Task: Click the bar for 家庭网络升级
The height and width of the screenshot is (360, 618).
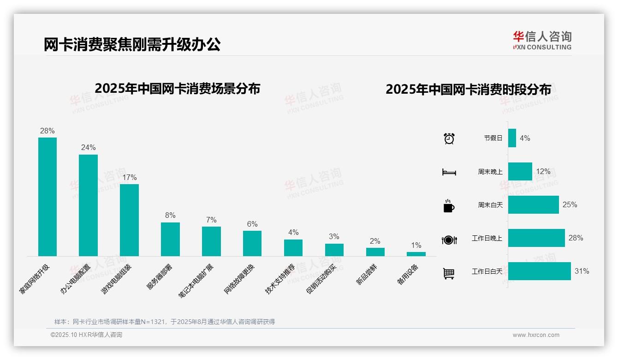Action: click(x=48, y=197)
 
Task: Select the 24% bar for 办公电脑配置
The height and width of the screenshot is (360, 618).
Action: click(x=88, y=205)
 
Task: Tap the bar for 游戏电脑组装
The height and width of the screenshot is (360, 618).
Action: click(x=129, y=220)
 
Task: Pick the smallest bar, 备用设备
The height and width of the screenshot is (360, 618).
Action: click(x=416, y=254)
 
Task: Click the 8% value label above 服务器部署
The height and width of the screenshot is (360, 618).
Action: click(x=170, y=216)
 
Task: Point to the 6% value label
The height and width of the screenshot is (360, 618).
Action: click(x=252, y=224)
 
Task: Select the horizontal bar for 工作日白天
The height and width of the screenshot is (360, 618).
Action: click(x=539, y=271)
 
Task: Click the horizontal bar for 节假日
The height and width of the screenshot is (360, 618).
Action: click(x=512, y=138)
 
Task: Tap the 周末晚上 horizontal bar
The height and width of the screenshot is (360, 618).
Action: click(x=520, y=171)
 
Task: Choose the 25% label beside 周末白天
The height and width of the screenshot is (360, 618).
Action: click(x=570, y=205)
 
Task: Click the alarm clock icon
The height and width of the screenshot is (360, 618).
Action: click(x=449, y=138)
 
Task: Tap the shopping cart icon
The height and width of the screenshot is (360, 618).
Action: click(x=449, y=273)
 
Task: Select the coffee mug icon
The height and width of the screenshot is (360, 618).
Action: click(x=449, y=206)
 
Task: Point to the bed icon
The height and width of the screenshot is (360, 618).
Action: click(x=449, y=172)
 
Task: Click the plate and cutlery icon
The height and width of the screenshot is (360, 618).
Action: click(x=449, y=240)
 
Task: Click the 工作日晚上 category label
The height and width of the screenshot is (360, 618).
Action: click(x=487, y=239)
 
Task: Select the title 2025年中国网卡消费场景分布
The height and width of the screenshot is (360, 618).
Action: click(x=178, y=89)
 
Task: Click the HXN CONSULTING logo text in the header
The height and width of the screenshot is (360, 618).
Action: click(x=542, y=47)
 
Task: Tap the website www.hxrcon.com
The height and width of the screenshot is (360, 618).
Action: click(x=536, y=335)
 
